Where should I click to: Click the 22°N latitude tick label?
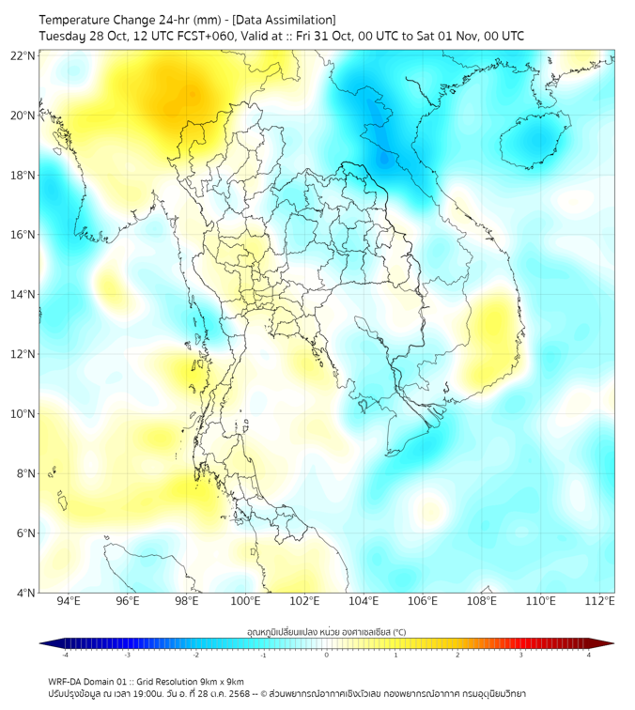click(24, 55)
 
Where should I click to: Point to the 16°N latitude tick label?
click(24, 234)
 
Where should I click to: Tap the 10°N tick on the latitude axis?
click(24, 413)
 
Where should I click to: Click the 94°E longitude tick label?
click(69, 601)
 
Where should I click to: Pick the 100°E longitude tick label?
click(245, 601)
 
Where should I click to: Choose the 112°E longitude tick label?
click(600, 601)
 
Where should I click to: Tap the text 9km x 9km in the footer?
click(222, 682)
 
